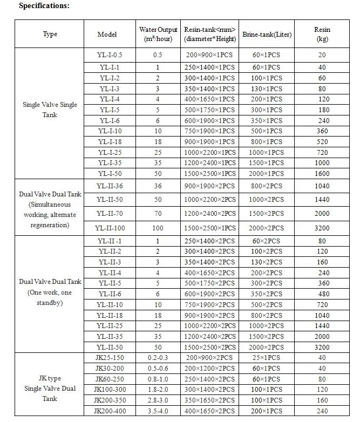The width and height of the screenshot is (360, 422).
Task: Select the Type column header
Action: [50, 34]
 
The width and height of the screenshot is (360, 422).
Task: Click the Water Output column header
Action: [158, 35]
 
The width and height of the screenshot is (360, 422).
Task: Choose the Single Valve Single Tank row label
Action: [50, 110]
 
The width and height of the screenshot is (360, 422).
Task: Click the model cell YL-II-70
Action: [110, 214]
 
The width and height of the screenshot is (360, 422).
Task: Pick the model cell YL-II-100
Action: [110, 228]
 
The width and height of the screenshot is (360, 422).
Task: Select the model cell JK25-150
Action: [110, 357]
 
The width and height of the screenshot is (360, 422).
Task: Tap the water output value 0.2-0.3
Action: [158, 357]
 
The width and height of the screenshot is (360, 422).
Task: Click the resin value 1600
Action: [322, 173]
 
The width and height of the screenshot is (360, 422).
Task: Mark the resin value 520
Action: [322, 141]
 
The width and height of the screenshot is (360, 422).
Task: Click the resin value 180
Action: [322, 110]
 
